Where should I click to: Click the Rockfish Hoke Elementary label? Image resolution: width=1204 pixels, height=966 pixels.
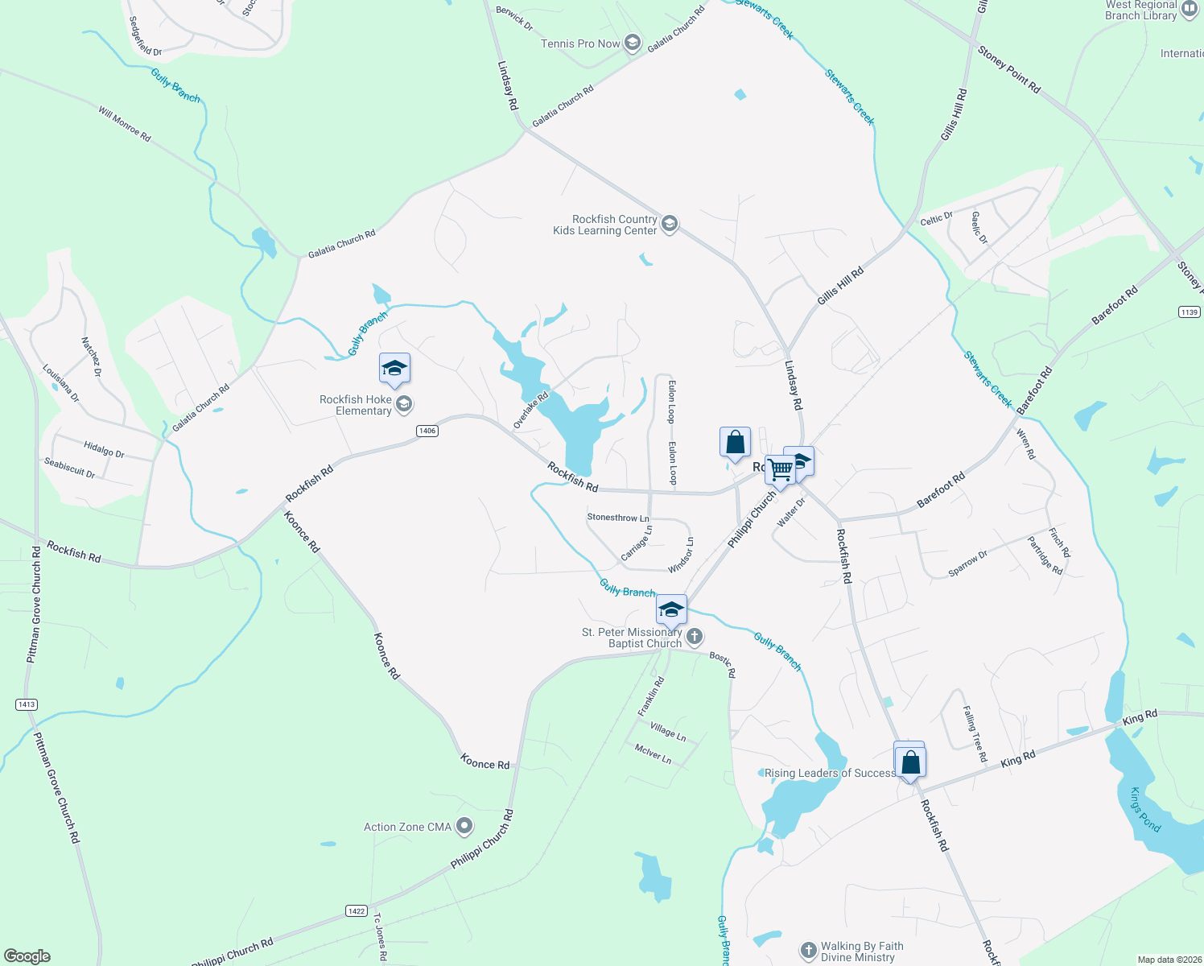point(356,405)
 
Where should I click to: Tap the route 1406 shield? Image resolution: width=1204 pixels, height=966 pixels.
point(427,431)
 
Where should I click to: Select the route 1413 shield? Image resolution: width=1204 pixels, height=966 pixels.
point(27,704)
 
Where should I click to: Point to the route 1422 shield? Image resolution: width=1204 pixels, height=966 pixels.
point(357,910)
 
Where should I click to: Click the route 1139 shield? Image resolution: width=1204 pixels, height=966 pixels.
point(1189,312)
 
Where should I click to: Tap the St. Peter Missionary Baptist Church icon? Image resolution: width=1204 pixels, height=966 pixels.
point(695,637)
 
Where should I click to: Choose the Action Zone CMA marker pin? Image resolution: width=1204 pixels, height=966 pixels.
point(464,826)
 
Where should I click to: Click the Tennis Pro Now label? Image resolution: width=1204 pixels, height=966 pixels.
point(580,43)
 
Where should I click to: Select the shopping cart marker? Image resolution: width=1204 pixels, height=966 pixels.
point(780,469)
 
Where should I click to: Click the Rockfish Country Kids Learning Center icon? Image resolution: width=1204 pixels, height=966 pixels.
point(669,224)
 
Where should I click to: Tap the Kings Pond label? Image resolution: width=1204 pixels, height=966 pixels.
point(1145,810)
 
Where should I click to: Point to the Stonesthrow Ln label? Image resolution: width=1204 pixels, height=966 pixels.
point(618,518)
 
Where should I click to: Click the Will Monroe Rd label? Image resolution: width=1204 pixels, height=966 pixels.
point(125,124)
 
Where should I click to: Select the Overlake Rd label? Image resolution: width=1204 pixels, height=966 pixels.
point(530,411)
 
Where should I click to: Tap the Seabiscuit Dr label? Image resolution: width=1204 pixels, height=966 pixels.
point(69,469)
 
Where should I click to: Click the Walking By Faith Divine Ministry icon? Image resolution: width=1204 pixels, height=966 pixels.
point(809,951)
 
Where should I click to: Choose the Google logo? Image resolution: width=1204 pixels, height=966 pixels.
point(27,956)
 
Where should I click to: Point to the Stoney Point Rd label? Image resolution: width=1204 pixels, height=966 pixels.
point(1008,69)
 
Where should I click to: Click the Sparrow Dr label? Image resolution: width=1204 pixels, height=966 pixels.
point(967,563)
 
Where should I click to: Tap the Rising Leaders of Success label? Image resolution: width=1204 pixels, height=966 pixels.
point(830,773)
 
